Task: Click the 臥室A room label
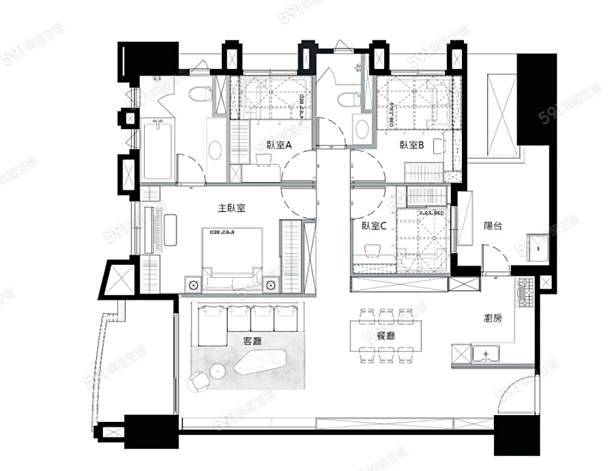coord(279,145)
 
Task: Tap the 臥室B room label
coord(412,145)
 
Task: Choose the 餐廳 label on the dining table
coord(387,334)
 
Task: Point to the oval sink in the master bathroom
coord(215,150)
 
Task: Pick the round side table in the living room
coord(217,371)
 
